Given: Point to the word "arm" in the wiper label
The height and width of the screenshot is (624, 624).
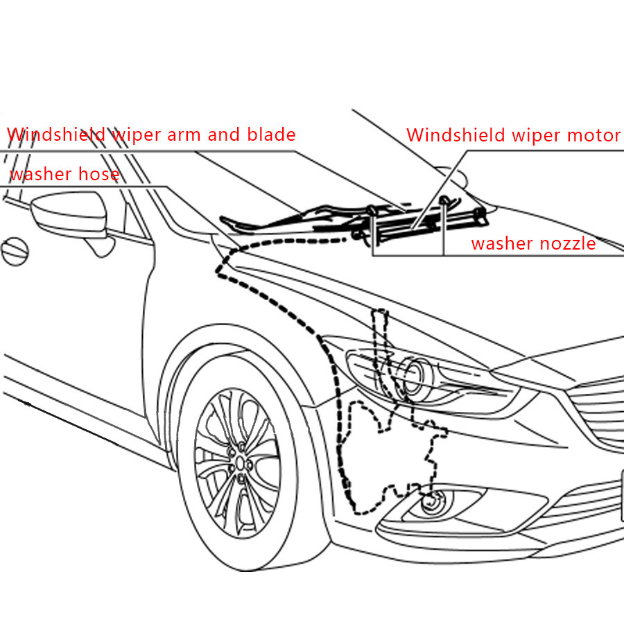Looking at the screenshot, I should pyautogui.click(x=182, y=135).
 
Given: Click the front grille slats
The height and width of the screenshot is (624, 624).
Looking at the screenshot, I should pyautogui.click(x=596, y=409).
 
